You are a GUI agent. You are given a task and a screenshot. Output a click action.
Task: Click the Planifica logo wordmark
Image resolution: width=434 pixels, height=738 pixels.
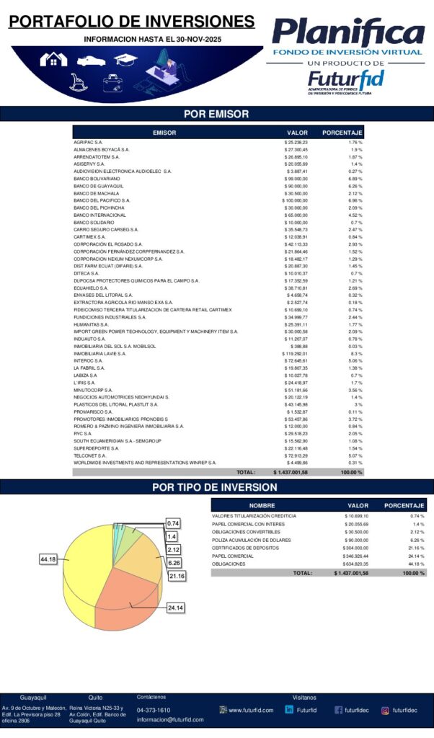point(348,32)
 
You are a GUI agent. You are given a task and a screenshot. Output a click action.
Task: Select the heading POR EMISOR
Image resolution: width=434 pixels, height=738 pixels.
point(216,114)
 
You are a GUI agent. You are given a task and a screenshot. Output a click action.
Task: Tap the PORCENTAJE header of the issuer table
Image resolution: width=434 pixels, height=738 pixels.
point(342,133)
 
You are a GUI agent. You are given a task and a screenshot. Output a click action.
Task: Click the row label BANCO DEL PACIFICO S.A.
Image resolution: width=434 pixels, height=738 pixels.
point(102,200)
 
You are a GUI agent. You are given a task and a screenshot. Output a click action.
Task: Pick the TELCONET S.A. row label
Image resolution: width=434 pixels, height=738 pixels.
point(90,456)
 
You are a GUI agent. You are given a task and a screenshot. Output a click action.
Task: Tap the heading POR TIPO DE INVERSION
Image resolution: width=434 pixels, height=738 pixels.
point(216,487)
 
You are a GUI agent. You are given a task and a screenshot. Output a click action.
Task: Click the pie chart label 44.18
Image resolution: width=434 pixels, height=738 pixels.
point(48,559)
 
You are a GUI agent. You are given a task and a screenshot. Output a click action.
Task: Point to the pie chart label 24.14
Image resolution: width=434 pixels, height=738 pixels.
point(175,608)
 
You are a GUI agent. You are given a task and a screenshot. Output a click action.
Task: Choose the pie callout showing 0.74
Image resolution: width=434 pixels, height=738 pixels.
point(173,523)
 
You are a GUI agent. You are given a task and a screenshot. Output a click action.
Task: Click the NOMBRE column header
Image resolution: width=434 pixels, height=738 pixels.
point(262,505)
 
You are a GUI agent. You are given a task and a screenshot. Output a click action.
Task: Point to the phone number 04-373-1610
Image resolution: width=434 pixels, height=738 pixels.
point(154,710)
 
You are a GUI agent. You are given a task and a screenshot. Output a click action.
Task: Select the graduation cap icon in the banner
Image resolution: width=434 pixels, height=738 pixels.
point(125,60)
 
